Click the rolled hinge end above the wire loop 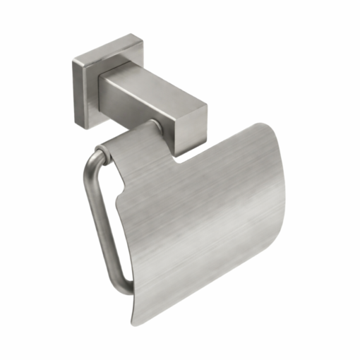coord(106,149)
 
